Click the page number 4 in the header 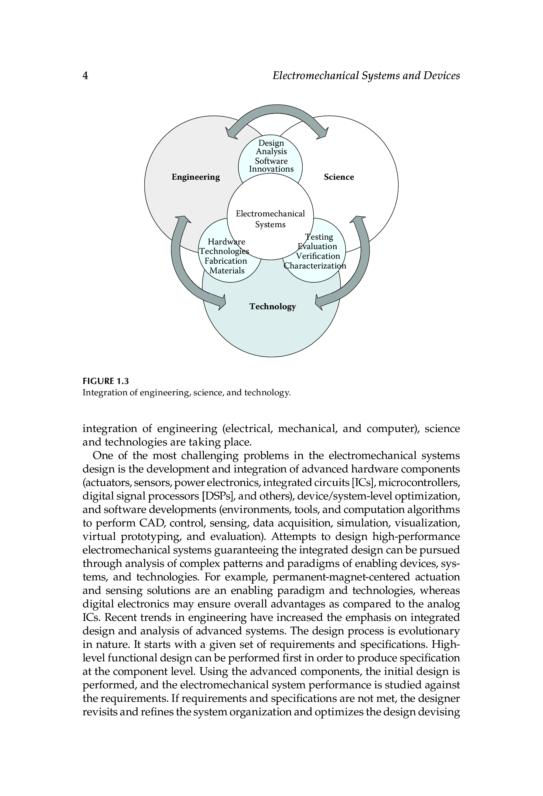click(86, 76)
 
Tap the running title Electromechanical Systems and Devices click(366, 76)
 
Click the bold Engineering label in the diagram click(196, 177)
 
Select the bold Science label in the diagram click(339, 177)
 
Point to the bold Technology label click(272, 306)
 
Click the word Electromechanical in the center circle click(270, 214)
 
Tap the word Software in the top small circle click(271, 161)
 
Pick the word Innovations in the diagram click(271, 169)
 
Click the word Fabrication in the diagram click(226, 261)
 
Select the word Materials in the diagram click(227, 271)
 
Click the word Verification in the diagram click(318, 256)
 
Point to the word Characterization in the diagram click(315, 266)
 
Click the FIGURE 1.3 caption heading click(106, 381)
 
